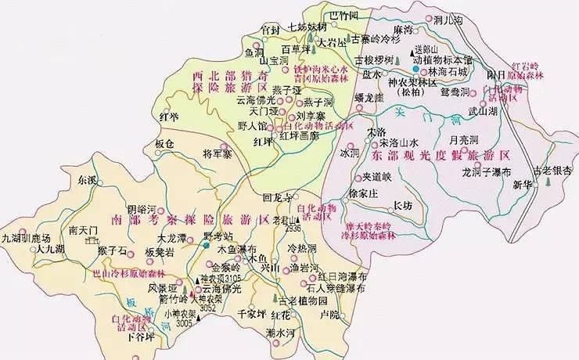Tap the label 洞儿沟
449,19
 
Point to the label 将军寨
196,153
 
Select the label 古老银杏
550,170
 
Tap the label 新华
522,185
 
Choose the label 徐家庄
364,193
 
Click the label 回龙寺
280,196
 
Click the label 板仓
164,144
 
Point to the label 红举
169,117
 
